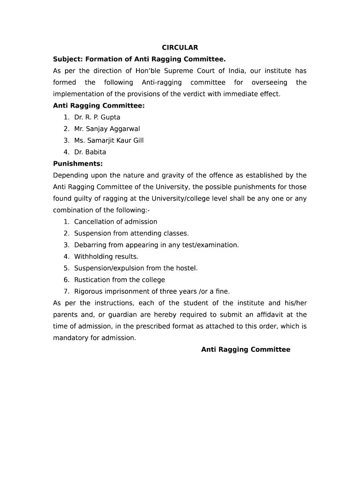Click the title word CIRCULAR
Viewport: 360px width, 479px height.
click(x=180, y=48)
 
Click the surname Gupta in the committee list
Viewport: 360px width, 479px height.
click(x=110, y=117)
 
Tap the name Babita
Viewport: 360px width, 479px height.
click(x=95, y=152)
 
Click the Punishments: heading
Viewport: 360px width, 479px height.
click(x=78, y=164)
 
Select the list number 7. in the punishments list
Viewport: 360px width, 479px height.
click(x=67, y=291)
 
